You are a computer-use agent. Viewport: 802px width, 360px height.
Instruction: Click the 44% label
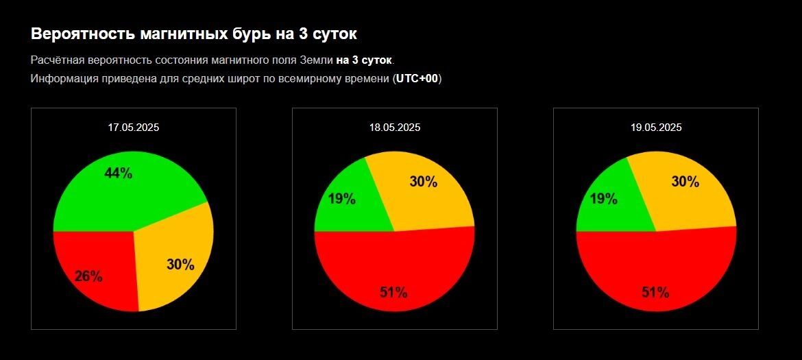click(x=118, y=173)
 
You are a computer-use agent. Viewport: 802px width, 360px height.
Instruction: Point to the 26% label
click(x=88, y=276)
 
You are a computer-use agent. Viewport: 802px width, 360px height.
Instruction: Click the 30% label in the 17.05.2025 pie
click(x=180, y=264)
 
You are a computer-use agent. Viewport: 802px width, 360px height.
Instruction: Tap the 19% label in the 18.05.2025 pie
click(x=341, y=199)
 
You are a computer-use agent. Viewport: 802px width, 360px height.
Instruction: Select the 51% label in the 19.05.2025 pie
click(x=655, y=292)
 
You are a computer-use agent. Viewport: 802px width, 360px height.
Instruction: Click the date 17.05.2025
click(x=133, y=127)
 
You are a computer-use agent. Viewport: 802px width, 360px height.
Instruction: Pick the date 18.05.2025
click(x=395, y=127)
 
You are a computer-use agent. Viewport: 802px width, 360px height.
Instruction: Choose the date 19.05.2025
click(x=656, y=127)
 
